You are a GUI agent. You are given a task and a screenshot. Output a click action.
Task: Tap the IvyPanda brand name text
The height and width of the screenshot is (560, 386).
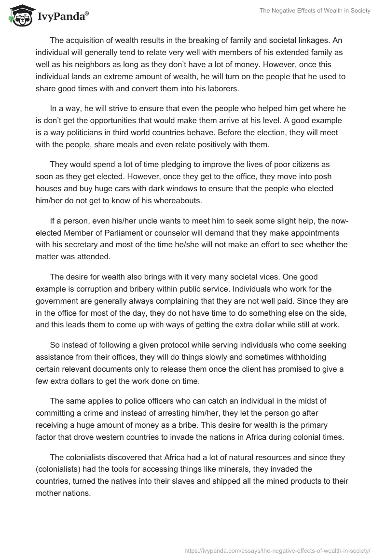pos(62,16)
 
